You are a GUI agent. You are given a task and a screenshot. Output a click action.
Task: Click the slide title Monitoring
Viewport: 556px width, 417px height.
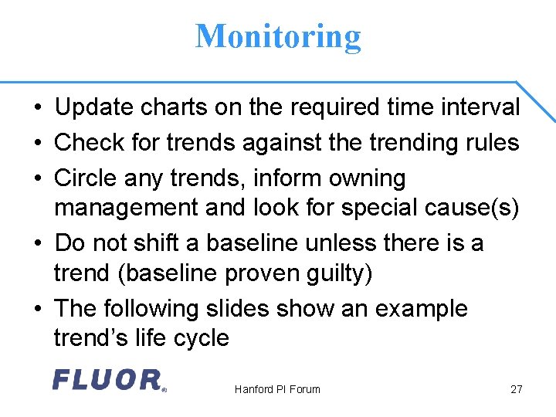click(x=278, y=36)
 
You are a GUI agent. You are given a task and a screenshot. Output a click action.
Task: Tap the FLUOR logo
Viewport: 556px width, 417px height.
click(x=108, y=379)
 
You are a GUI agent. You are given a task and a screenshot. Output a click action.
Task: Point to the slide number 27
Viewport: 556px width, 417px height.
click(x=517, y=389)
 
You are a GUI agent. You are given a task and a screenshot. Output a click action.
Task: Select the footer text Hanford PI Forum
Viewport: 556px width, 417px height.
click(x=277, y=389)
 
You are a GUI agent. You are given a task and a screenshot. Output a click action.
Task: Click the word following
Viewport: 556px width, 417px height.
click(x=160, y=310)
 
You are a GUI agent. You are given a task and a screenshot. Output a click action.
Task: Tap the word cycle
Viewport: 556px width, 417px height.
click(x=202, y=338)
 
